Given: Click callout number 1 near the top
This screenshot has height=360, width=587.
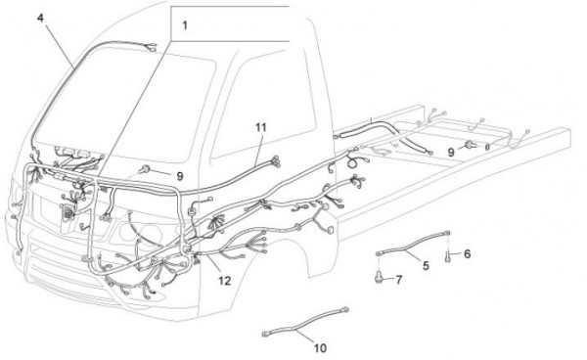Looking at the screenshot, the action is tap(185, 25).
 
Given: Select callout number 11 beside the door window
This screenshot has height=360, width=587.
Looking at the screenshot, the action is tap(261, 127).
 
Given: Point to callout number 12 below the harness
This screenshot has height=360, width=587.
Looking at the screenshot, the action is tap(225, 281).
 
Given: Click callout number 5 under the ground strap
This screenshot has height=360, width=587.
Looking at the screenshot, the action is tap(426, 266).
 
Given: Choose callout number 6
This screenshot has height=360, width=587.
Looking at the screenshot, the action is tap(467, 254).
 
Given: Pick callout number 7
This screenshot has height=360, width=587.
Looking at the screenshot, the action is tap(399, 280).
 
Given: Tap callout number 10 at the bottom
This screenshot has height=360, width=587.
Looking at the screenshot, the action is tap(320, 348).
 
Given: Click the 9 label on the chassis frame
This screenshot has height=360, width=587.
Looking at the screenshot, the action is tap(451, 153).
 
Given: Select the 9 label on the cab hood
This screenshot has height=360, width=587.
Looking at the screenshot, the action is tap(180, 176).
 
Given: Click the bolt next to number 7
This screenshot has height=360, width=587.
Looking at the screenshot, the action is tap(379, 276).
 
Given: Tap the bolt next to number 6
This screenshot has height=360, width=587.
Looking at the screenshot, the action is tap(448, 257).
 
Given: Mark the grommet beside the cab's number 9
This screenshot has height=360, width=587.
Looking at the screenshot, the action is tap(145, 170).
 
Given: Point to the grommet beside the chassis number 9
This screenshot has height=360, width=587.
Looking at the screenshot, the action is tap(470, 145).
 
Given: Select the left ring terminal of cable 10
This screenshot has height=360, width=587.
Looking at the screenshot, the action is tap(266, 333).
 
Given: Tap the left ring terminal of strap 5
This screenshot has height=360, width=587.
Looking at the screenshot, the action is tap(379, 253).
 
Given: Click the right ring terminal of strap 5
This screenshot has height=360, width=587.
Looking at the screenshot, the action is tap(447, 233).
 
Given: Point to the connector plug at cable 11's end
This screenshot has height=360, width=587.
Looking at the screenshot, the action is tap(276, 160).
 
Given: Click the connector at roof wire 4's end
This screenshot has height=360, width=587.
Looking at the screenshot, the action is tap(153, 47).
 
